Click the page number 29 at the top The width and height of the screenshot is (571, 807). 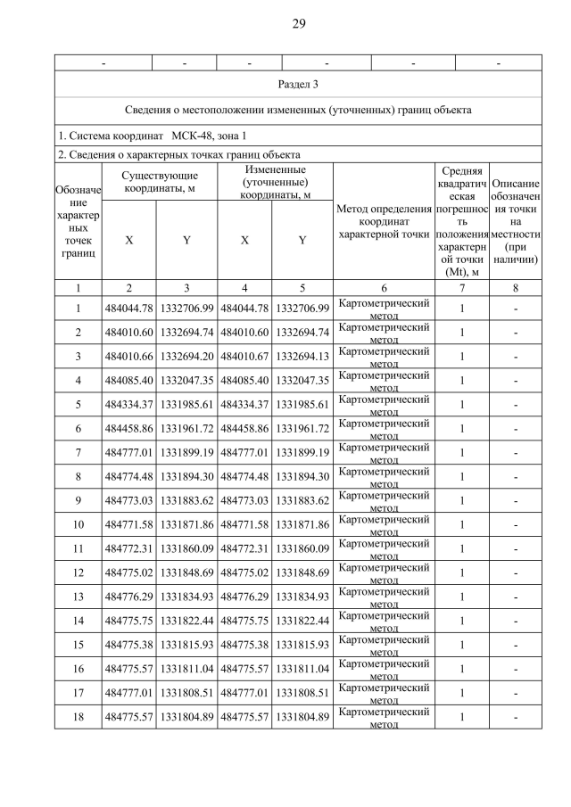(298, 23)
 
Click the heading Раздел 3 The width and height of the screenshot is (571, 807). (298, 85)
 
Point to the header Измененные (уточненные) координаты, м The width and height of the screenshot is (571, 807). (276, 183)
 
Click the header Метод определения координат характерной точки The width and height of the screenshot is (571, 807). (384, 220)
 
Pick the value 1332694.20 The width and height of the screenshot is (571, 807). (186, 355)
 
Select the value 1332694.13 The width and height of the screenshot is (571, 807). (302, 355)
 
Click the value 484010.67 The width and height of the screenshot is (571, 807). (244, 355)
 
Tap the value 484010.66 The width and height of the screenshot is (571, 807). (130, 355)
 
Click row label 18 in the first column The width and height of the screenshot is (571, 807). (78, 717)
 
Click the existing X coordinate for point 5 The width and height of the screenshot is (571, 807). (130, 403)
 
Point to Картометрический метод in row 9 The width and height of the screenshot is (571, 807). (384, 500)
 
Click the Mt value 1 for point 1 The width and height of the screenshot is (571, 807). (462, 308)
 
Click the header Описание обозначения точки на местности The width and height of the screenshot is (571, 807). (516, 221)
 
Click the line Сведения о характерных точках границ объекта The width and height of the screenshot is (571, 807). (178, 154)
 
